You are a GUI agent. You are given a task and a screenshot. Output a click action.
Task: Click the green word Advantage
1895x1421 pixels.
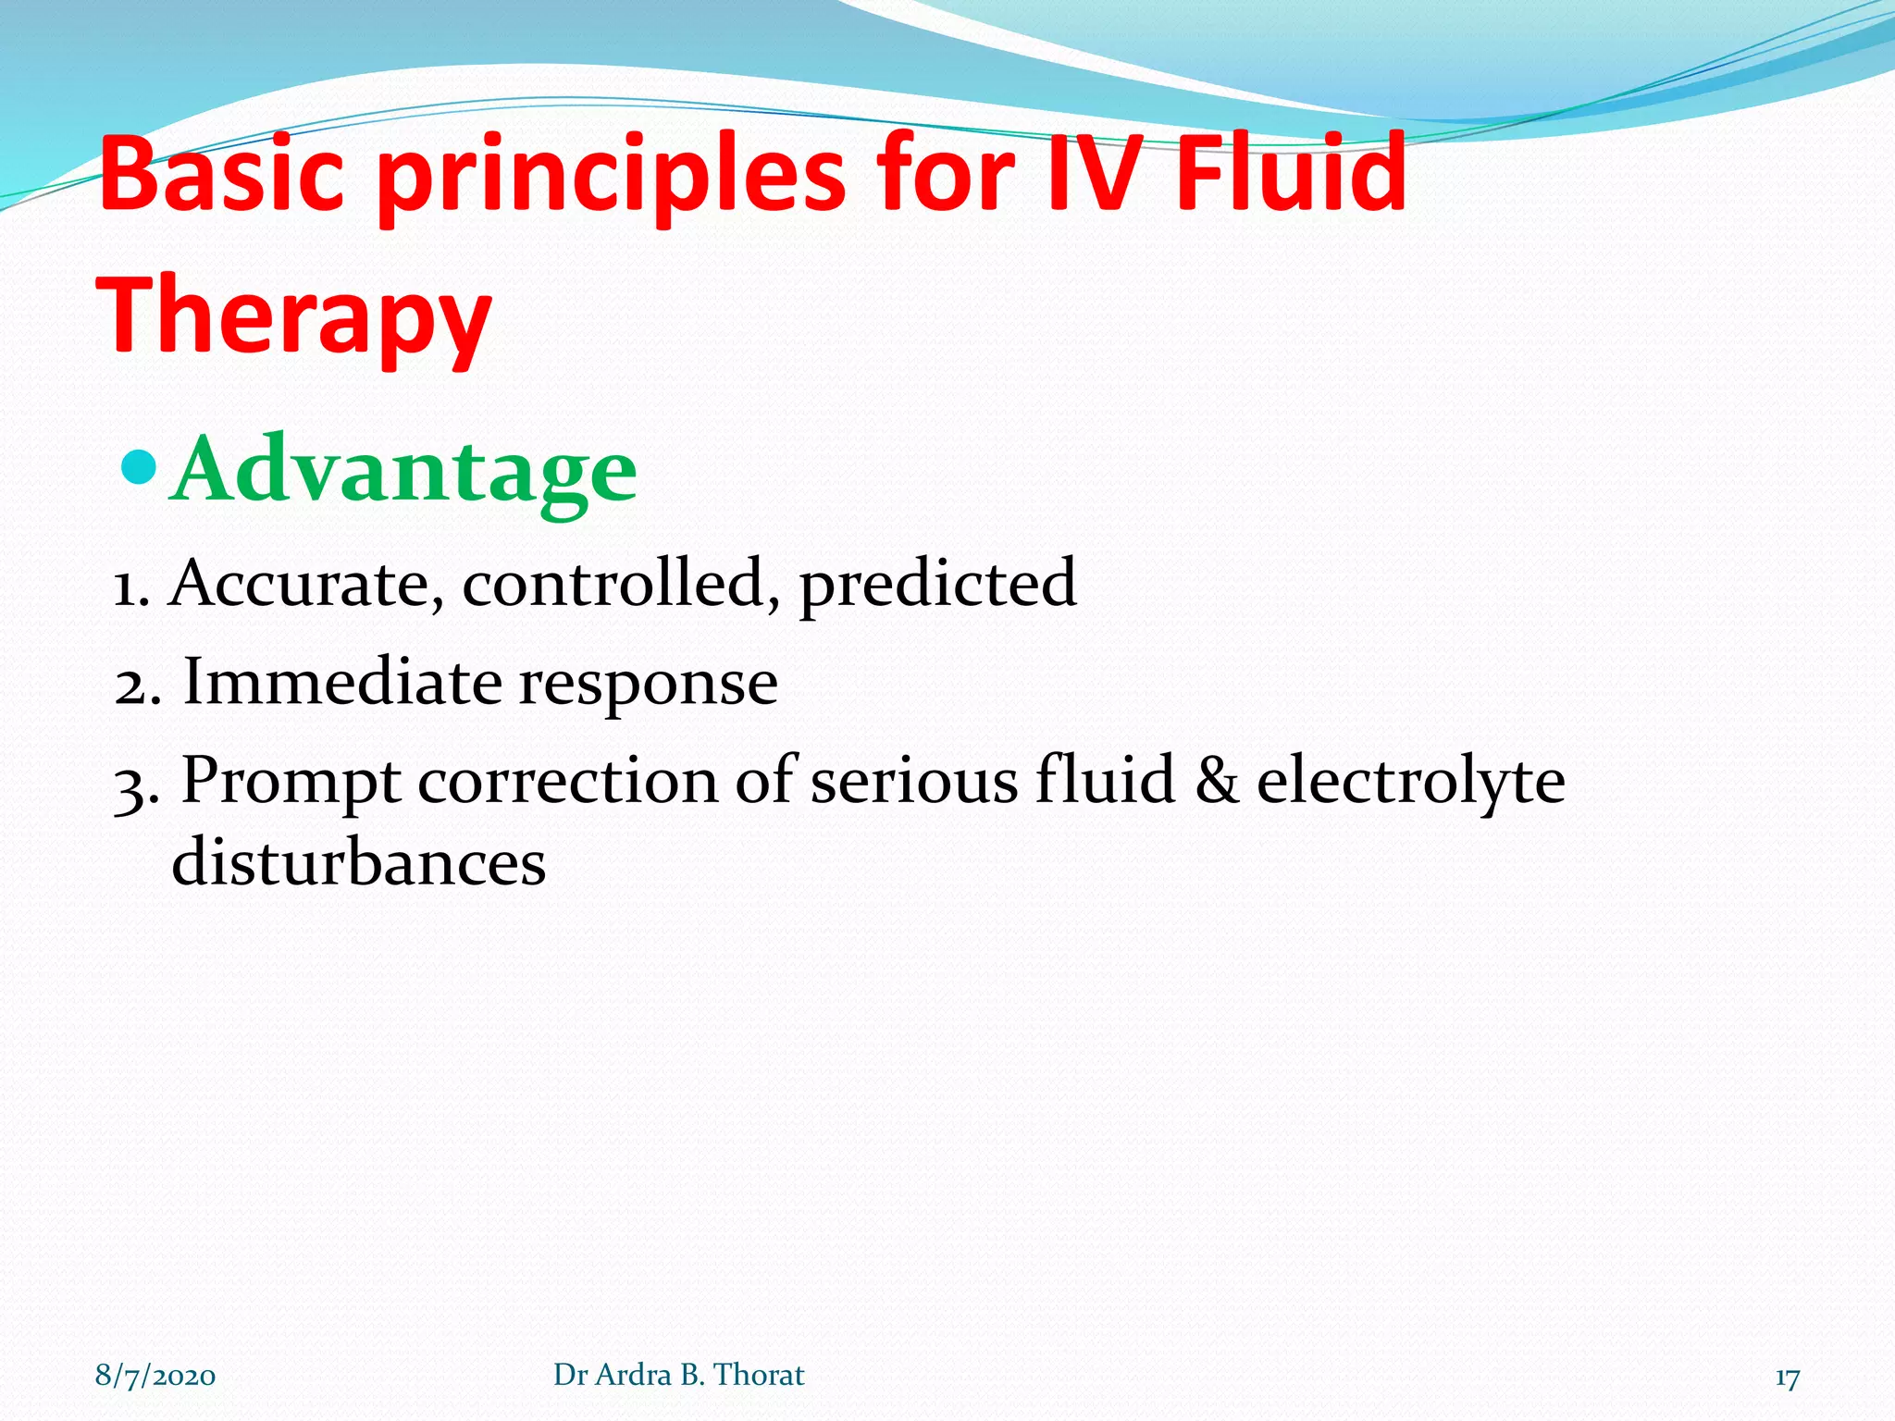(404, 472)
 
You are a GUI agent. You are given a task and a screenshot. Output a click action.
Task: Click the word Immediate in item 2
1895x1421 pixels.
(342, 683)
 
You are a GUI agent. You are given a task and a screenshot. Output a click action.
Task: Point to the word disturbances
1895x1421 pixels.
(359, 863)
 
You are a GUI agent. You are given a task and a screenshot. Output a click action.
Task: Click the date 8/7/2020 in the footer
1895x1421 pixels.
(155, 1376)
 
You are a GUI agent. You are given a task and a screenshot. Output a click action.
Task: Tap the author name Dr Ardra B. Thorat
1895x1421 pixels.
(678, 1376)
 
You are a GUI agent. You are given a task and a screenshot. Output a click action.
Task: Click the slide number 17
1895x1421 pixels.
(1787, 1378)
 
